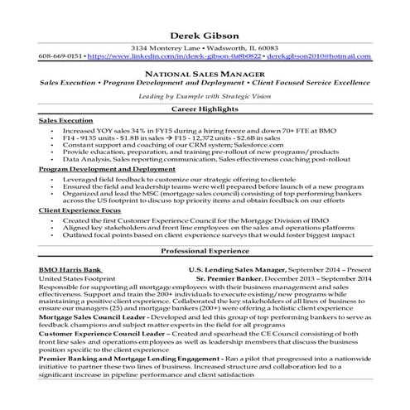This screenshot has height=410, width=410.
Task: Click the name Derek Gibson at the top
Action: (x=204, y=35)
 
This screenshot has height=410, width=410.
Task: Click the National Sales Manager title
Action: (x=205, y=75)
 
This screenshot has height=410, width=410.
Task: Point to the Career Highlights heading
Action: (x=205, y=109)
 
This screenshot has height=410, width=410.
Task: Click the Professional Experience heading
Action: (x=205, y=251)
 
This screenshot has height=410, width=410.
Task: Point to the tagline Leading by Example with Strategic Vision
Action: (x=204, y=96)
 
